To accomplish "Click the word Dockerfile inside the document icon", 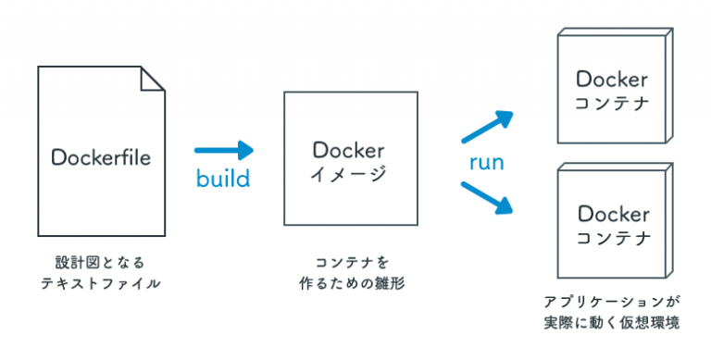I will (101, 153).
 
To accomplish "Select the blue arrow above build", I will (223, 149).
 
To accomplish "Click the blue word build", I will (223, 178).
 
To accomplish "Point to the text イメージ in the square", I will (348, 174).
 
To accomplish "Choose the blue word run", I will (486, 163).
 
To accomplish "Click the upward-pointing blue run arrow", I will (488, 127).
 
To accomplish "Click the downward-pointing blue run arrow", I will (488, 196).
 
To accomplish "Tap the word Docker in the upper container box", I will (612, 79).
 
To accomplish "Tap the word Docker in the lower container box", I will (612, 213).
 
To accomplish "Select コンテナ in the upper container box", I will (612, 103).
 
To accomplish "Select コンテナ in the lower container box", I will (612, 237).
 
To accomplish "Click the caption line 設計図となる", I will (100, 262).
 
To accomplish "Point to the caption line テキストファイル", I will (100, 284).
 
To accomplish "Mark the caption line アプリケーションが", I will (612, 302).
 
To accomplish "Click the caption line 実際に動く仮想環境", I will (612, 323).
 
